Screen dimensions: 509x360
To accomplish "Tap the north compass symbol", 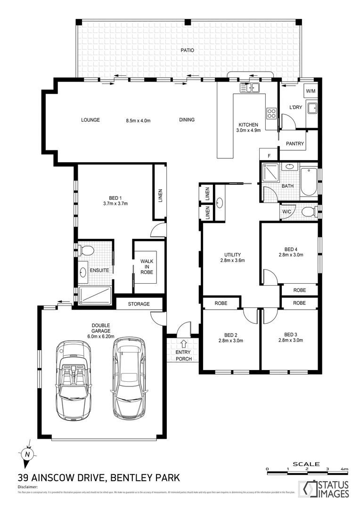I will (28, 454).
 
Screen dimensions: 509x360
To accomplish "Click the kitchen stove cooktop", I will (272, 113).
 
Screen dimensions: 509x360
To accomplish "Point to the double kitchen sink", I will (250, 87).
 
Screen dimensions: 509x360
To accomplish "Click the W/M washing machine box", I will (311, 90).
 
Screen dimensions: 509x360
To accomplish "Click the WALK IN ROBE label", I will (147, 266).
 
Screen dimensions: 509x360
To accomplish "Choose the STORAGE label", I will (139, 304).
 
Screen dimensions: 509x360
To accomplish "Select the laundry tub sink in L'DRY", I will (312, 108).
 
